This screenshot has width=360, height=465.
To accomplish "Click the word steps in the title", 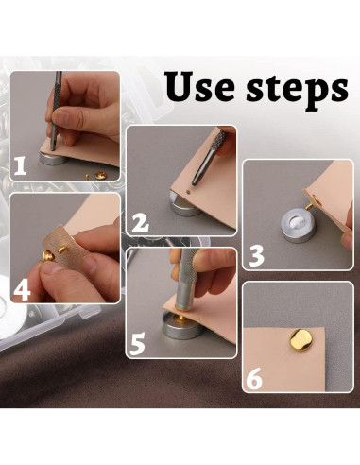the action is click(298, 91).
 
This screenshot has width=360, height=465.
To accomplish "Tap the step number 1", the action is click(20, 166).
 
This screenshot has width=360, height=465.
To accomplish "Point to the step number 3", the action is click(256, 257).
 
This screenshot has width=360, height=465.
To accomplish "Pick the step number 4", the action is click(22, 291).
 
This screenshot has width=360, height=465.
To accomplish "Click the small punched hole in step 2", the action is click(188, 191).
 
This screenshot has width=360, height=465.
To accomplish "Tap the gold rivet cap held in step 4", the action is click(48, 254).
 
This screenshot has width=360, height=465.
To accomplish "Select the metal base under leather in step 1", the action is click(52, 158).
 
